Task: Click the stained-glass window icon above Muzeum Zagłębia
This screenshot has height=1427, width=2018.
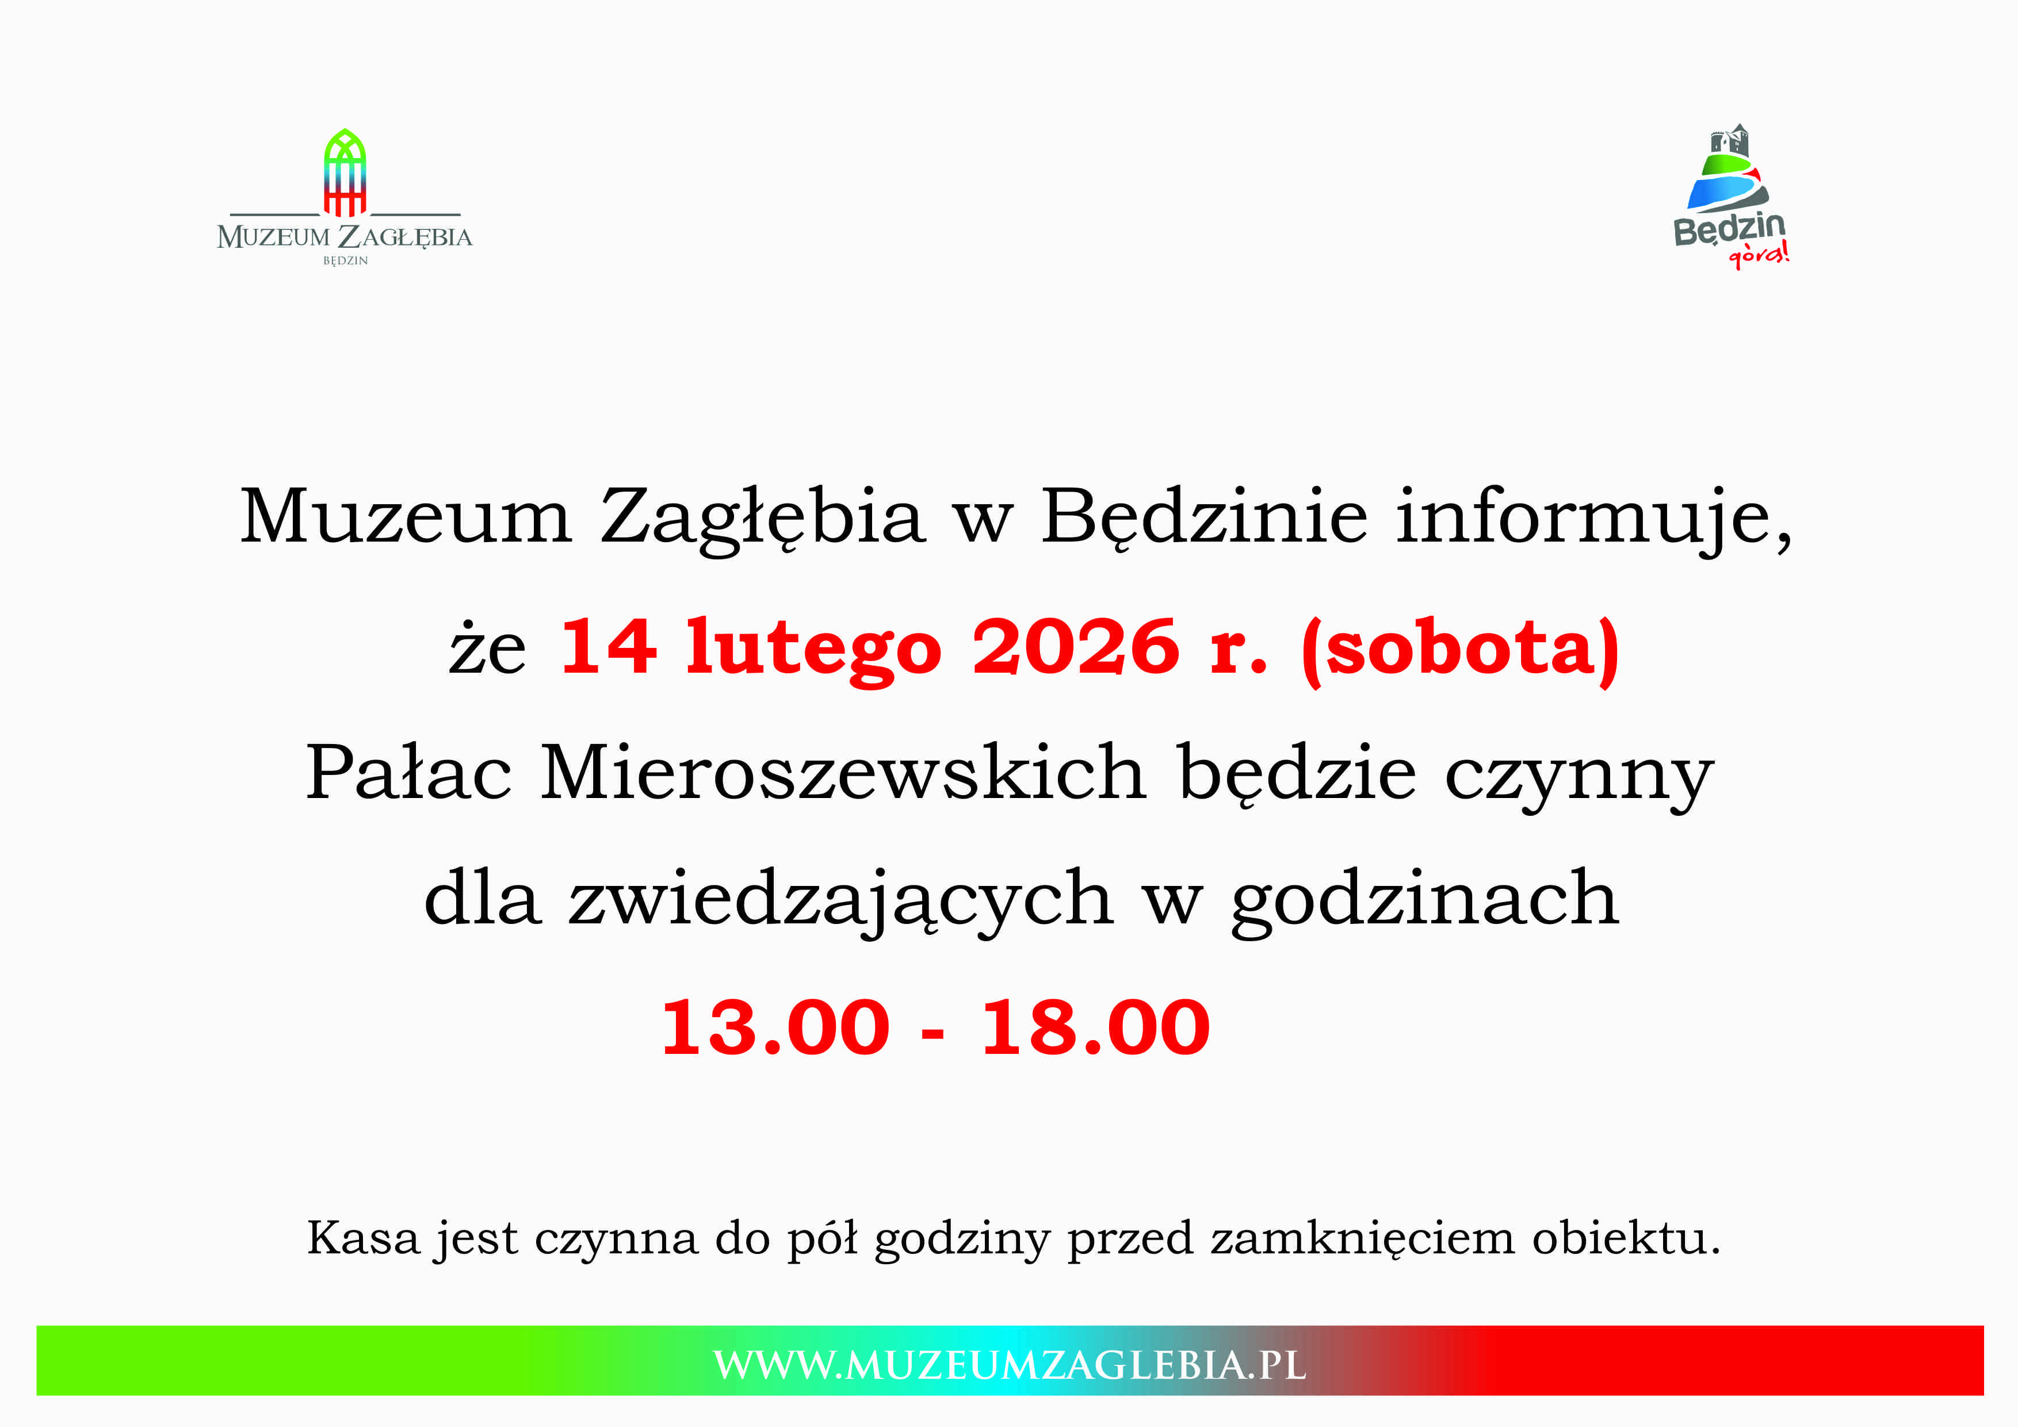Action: click(x=345, y=172)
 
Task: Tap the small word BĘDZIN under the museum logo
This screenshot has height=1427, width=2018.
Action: click(x=345, y=261)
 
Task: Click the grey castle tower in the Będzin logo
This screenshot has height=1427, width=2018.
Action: click(x=1729, y=141)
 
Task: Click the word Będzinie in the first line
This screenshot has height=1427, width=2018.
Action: click(x=1204, y=519)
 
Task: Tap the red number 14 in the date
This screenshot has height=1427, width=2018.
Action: click(x=607, y=647)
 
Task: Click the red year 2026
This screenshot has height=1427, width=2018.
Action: click(x=1076, y=647)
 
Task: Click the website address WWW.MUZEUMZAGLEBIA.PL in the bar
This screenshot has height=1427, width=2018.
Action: click(x=1010, y=1365)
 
